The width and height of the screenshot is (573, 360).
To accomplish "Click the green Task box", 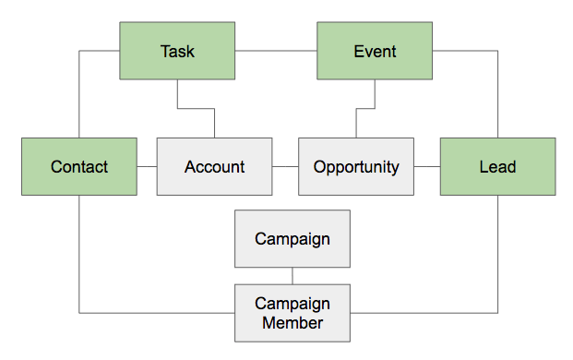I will (177, 51).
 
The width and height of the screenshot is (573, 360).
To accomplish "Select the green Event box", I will (375, 51).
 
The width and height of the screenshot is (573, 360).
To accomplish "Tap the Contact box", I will (79, 167).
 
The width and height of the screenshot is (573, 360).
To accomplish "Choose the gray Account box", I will (214, 167).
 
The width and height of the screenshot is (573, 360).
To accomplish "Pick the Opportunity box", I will (356, 167).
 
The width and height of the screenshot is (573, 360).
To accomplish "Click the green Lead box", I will (497, 167).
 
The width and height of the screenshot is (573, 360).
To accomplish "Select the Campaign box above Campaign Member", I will (292, 239).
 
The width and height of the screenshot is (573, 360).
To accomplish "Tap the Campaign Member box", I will (292, 312).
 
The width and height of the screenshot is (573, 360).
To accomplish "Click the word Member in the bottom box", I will (292, 323).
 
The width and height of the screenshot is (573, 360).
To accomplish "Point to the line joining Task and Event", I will (277, 51).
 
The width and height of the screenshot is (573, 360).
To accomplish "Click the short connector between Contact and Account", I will (147, 167).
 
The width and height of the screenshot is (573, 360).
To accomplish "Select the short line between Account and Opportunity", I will (285, 167).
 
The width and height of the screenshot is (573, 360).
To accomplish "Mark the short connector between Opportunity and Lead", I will (427, 167).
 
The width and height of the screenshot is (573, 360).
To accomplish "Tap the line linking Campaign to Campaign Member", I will (292, 276).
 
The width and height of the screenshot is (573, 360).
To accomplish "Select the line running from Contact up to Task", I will (79, 92).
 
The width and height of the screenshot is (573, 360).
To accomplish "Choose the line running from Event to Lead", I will (498, 92).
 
